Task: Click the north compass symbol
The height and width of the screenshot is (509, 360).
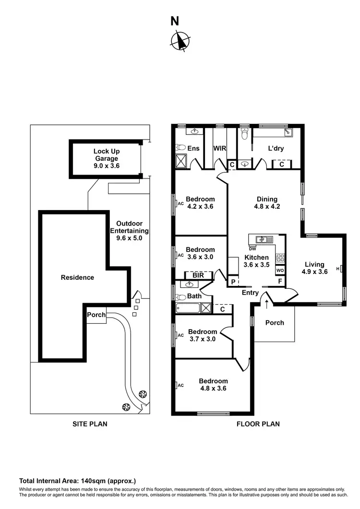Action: [180, 40]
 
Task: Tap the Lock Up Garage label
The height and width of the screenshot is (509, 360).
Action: [106, 159]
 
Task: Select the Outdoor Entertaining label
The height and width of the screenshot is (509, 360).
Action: [129, 230]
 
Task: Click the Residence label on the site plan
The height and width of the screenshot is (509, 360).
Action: [77, 277]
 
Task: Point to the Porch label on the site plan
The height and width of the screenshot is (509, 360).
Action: [96, 315]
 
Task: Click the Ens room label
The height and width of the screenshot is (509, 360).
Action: [193, 149]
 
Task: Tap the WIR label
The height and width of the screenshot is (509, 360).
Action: [220, 149]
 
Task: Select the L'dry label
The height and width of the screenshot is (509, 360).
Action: [276, 149]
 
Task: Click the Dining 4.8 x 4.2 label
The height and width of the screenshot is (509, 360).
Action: [267, 203]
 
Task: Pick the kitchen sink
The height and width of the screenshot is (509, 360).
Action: [262, 239]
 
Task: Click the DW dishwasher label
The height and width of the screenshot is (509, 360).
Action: [252, 249]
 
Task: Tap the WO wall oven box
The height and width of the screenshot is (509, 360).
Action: [280, 271]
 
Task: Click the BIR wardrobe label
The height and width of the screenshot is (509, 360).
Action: [199, 276]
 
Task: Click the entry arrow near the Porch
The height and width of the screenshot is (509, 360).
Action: [266, 303]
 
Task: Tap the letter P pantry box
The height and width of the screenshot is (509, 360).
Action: [233, 282]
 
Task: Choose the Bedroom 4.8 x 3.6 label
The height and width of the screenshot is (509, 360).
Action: [213, 385]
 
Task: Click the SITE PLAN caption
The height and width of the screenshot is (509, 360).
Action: [90, 424]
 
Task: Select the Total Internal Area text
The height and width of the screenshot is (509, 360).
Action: [78, 481]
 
